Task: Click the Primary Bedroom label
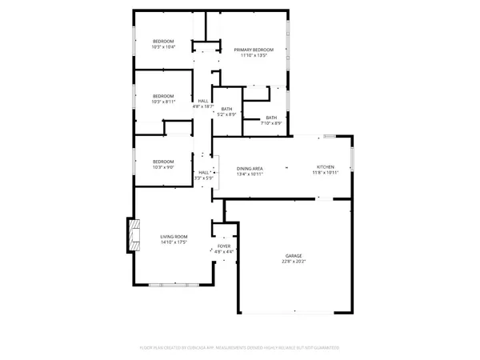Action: click(x=254, y=50)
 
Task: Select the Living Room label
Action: click(x=174, y=236)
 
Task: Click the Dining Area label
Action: click(x=250, y=168)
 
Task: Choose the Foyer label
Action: click(x=224, y=246)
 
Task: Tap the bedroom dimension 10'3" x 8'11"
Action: click(x=163, y=102)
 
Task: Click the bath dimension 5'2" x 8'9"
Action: click(x=227, y=114)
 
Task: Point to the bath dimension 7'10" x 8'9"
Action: click(x=272, y=123)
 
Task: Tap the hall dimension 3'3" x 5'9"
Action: click(x=204, y=178)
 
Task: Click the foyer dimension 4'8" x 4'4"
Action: click(x=224, y=252)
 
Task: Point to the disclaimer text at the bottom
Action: click(x=240, y=348)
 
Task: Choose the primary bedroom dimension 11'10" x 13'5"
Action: click(x=254, y=56)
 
